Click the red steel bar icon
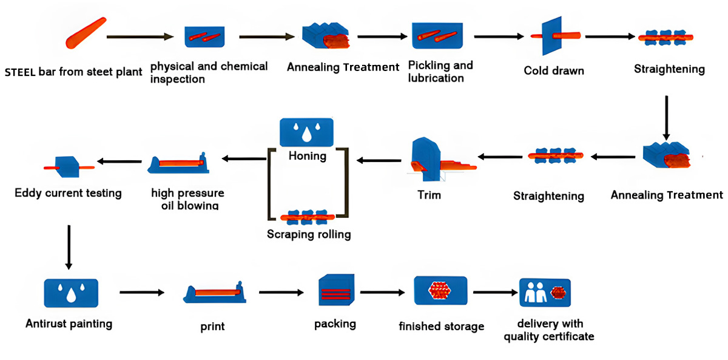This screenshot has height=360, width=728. pyautogui.click(x=86, y=33)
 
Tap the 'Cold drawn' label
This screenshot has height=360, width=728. pyautogui.click(x=554, y=71)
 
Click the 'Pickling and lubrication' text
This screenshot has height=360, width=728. pyautogui.click(x=440, y=72)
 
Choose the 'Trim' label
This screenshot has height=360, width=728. pyautogui.click(x=429, y=195)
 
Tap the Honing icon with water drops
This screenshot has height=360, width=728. pyautogui.click(x=306, y=132)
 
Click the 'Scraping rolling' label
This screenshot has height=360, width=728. pyautogui.click(x=309, y=234)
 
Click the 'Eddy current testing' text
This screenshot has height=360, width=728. pyautogui.click(x=68, y=194)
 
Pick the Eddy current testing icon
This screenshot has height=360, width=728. pyautogui.click(x=68, y=165)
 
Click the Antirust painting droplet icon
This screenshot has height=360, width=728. pyautogui.click(x=70, y=293)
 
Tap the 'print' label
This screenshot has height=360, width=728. pyautogui.click(x=212, y=327)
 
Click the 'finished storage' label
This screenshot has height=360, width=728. pyautogui.click(x=441, y=327)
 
